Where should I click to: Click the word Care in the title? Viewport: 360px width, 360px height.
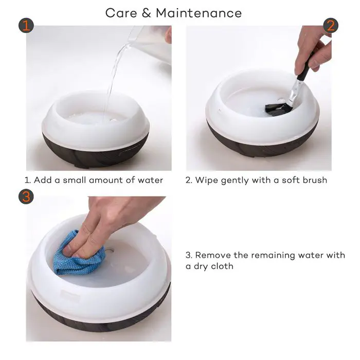click(x=121, y=13)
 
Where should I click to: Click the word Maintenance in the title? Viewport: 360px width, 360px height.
click(x=199, y=13)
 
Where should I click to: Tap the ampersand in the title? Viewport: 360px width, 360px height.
click(x=147, y=13)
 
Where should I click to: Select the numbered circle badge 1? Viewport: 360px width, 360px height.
click(x=26, y=25)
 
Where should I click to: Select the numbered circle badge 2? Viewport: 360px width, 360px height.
click(x=331, y=25)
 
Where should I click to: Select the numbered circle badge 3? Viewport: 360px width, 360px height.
click(x=26, y=196)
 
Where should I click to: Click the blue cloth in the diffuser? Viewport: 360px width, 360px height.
click(x=78, y=255)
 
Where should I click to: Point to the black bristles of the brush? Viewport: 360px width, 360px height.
click(x=277, y=109)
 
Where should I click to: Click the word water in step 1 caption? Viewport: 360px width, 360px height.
click(x=150, y=180)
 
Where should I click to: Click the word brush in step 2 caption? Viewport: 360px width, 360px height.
click(x=315, y=180)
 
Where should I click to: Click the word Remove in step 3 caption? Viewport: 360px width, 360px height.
click(x=213, y=255)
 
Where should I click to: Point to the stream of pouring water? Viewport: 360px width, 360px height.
click(x=113, y=76)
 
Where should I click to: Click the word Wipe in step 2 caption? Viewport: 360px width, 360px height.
click(x=206, y=181)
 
